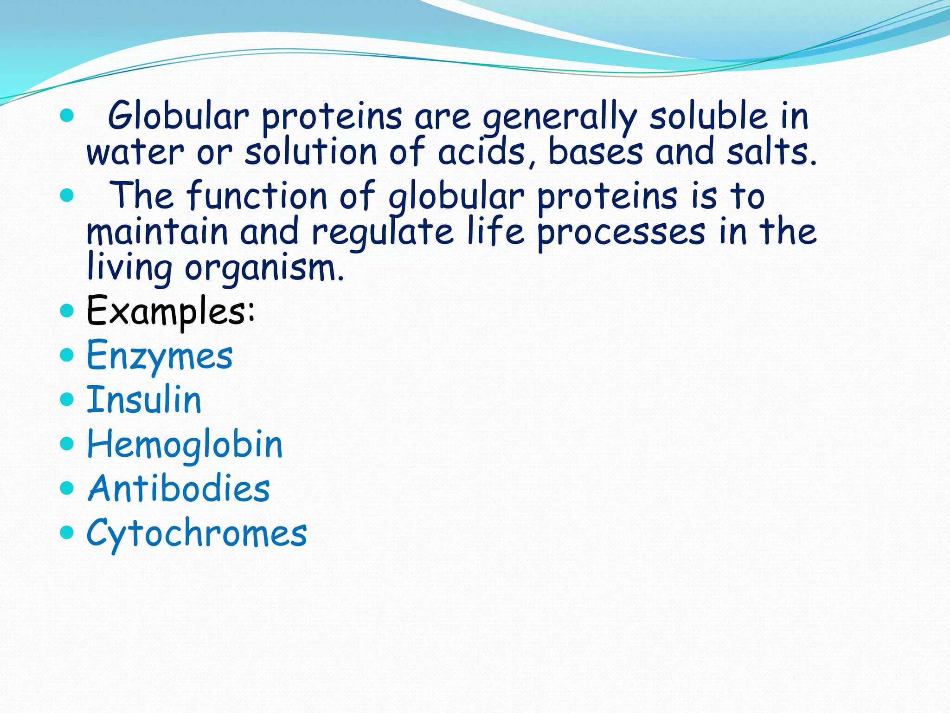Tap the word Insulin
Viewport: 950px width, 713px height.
pos(144,400)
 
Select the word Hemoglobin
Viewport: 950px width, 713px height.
pos(185,445)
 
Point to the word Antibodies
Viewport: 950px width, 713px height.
pos(179,489)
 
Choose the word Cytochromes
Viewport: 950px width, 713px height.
pos(197,533)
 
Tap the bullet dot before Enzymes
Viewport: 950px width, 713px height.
pos(67,355)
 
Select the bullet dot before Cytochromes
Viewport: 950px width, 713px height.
pos(67,532)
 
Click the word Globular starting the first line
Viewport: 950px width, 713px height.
pos(179,116)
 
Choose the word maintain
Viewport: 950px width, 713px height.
pos(157,232)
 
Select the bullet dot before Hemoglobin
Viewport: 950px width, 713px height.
pos(67,443)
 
